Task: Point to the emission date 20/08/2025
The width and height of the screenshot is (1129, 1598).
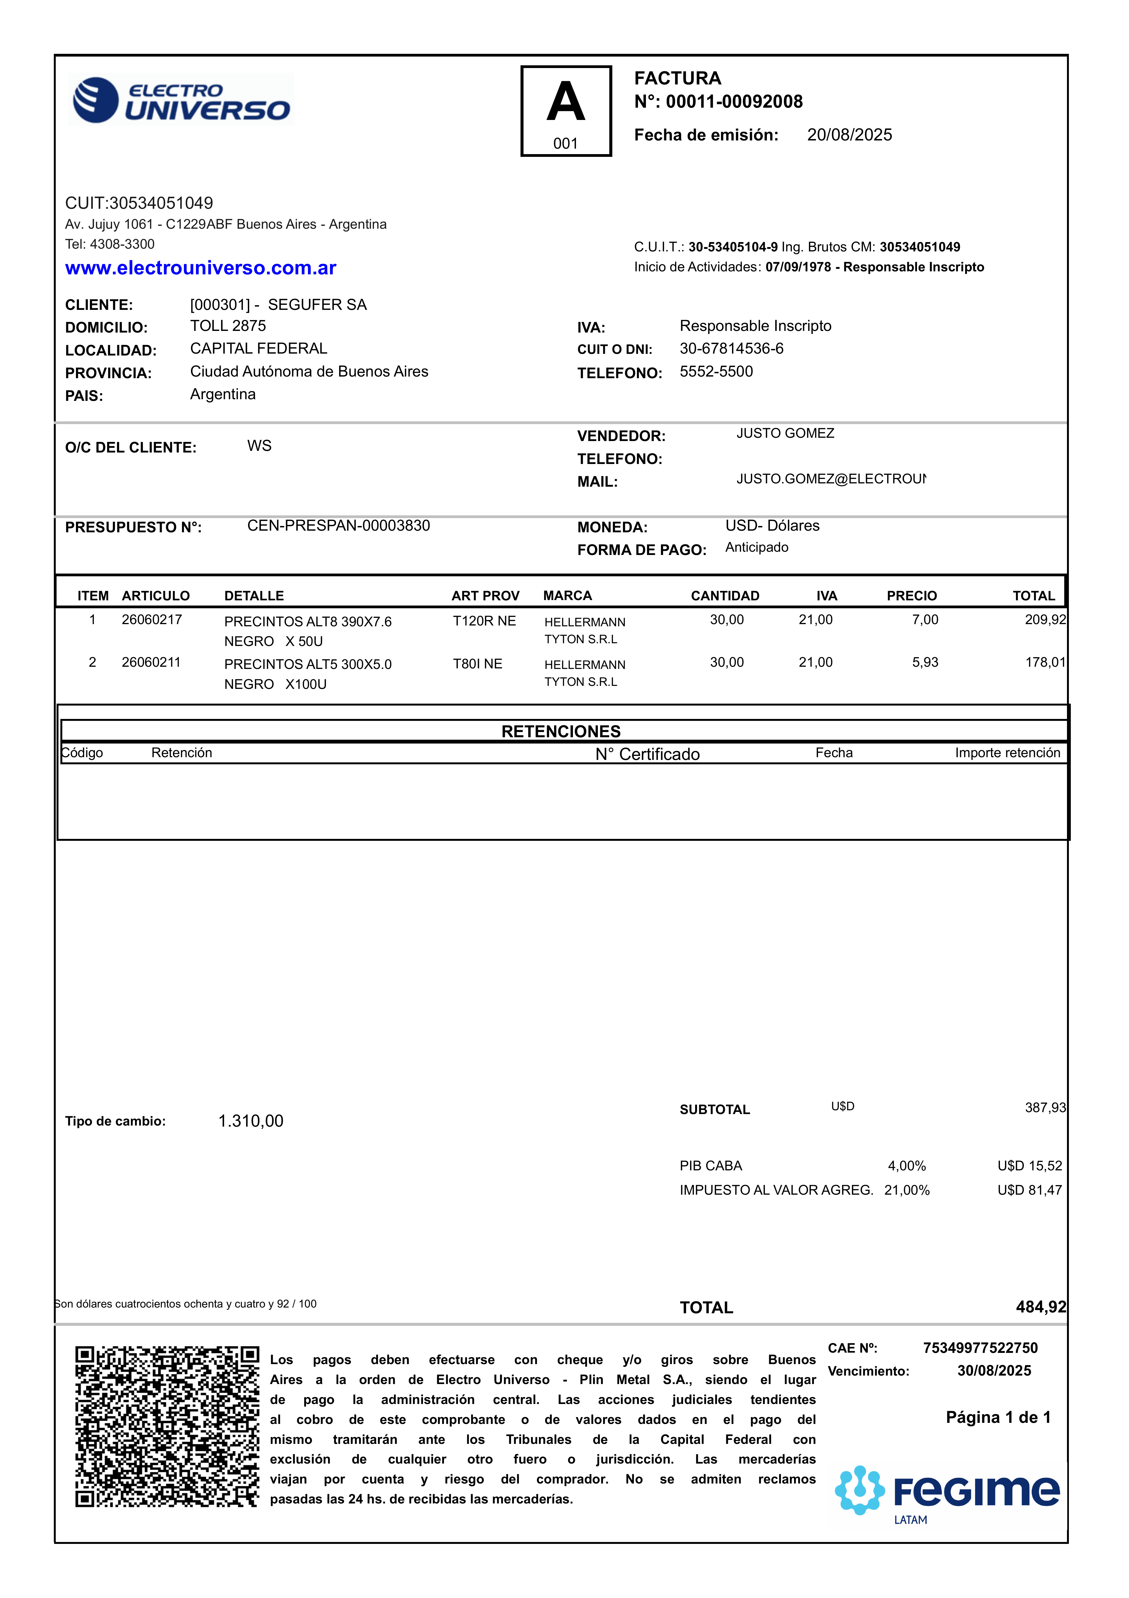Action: click(x=849, y=135)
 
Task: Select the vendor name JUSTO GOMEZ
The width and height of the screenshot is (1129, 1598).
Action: click(x=785, y=434)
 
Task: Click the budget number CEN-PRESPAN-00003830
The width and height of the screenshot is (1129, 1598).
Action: click(x=338, y=526)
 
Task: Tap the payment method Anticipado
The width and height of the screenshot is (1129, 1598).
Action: click(x=757, y=548)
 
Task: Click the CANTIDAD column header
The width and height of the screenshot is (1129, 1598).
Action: click(x=725, y=596)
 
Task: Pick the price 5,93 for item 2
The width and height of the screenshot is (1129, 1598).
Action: click(x=925, y=663)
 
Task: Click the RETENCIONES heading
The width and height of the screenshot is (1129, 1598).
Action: click(x=561, y=732)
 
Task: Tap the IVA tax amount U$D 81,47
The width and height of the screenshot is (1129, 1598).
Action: click(x=1030, y=1190)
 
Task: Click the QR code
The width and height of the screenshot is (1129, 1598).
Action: click(x=167, y=1427)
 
